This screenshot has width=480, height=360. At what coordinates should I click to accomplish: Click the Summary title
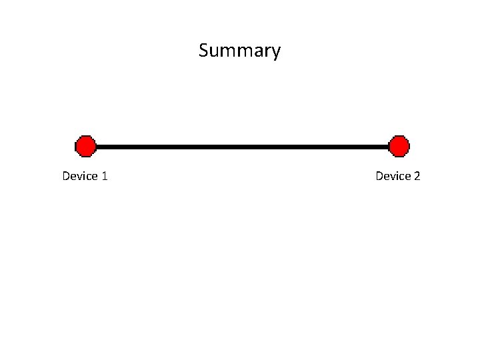click(x=239, y=51)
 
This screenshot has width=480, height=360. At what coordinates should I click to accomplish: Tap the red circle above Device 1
click(x=85, y=146)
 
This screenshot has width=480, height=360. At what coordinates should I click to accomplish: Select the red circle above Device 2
click(x=399, y=146)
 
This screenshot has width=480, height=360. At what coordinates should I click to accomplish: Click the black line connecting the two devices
click(x=242, y=146)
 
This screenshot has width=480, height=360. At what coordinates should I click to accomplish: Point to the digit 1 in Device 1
click(x=105, y=176)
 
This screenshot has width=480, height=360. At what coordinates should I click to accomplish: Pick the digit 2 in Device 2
click(x=417, y=176)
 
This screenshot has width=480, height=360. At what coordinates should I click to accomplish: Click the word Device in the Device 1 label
click(x=79, y=176)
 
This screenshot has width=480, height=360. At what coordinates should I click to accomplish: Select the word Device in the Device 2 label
click(x=393, y=176)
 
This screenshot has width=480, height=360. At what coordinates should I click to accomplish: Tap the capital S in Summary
click(x=203, y=51)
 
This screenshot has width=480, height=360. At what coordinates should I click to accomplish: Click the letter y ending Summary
click(x=276, y=53)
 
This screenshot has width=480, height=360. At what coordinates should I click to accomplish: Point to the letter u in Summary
click(x=214, y=52)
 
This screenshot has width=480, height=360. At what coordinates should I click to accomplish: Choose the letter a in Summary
click(x=257, y=52)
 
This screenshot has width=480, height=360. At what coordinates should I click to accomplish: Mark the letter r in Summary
click(x=267, y=52)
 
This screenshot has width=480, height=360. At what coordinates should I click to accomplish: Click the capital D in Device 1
click(x=66, y=176)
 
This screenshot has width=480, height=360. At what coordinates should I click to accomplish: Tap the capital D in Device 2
click(x=379, y=176)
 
